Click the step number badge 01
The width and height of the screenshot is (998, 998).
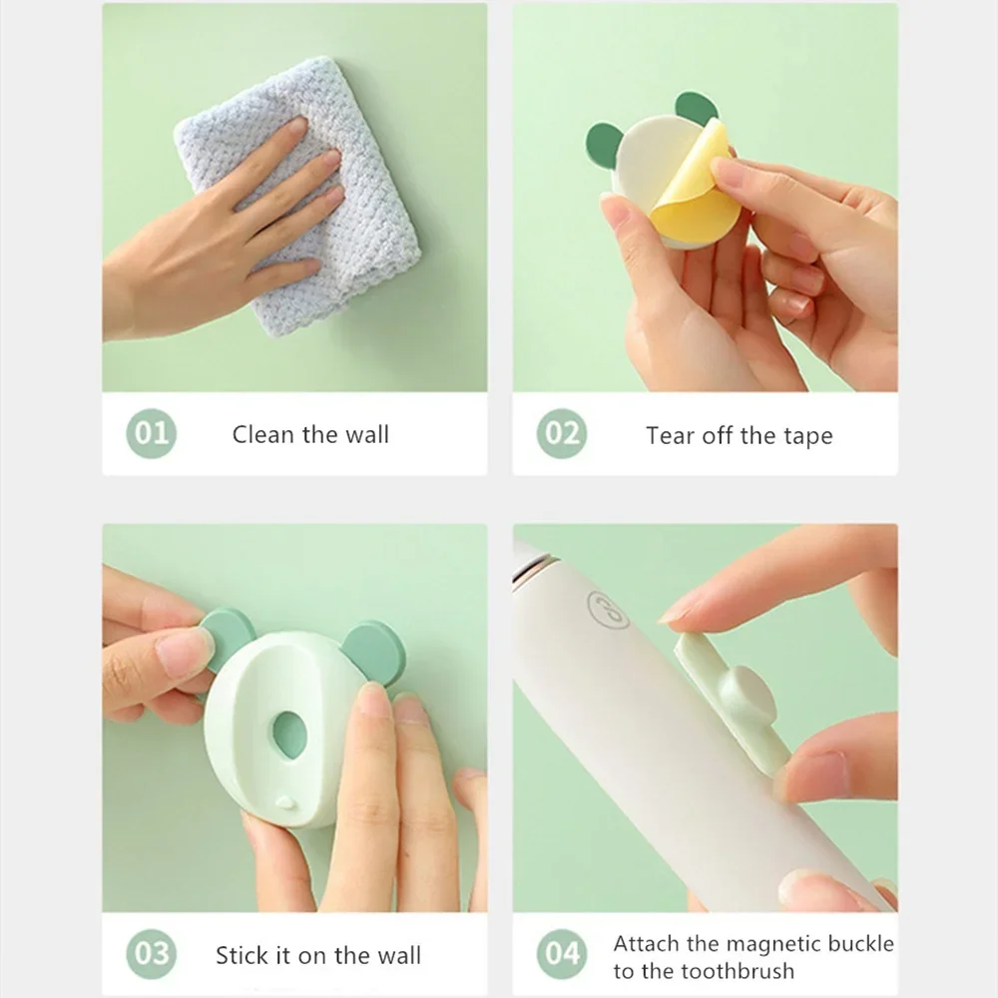[151, 433]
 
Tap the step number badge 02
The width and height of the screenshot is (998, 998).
[561, 433]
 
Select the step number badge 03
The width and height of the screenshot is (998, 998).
[151, 953]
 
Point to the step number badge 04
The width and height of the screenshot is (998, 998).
[561, 953]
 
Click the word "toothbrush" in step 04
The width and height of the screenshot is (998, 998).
[739, 971]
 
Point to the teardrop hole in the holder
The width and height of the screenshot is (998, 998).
[289, 736]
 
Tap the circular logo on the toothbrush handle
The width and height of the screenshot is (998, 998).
[607, 610]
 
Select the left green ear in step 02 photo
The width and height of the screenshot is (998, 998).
[604, 145]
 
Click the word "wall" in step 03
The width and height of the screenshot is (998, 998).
[399, 955]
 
